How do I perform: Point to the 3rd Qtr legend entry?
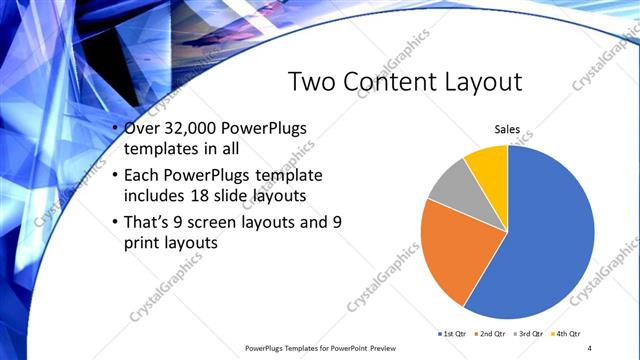(x=528, y=333)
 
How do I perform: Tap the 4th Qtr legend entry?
(x=567, y=333)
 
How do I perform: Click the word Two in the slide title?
(x=312, y=82)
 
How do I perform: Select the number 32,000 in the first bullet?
(x=195, y=130)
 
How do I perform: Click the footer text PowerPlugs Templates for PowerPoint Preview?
(x=321, y=348)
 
